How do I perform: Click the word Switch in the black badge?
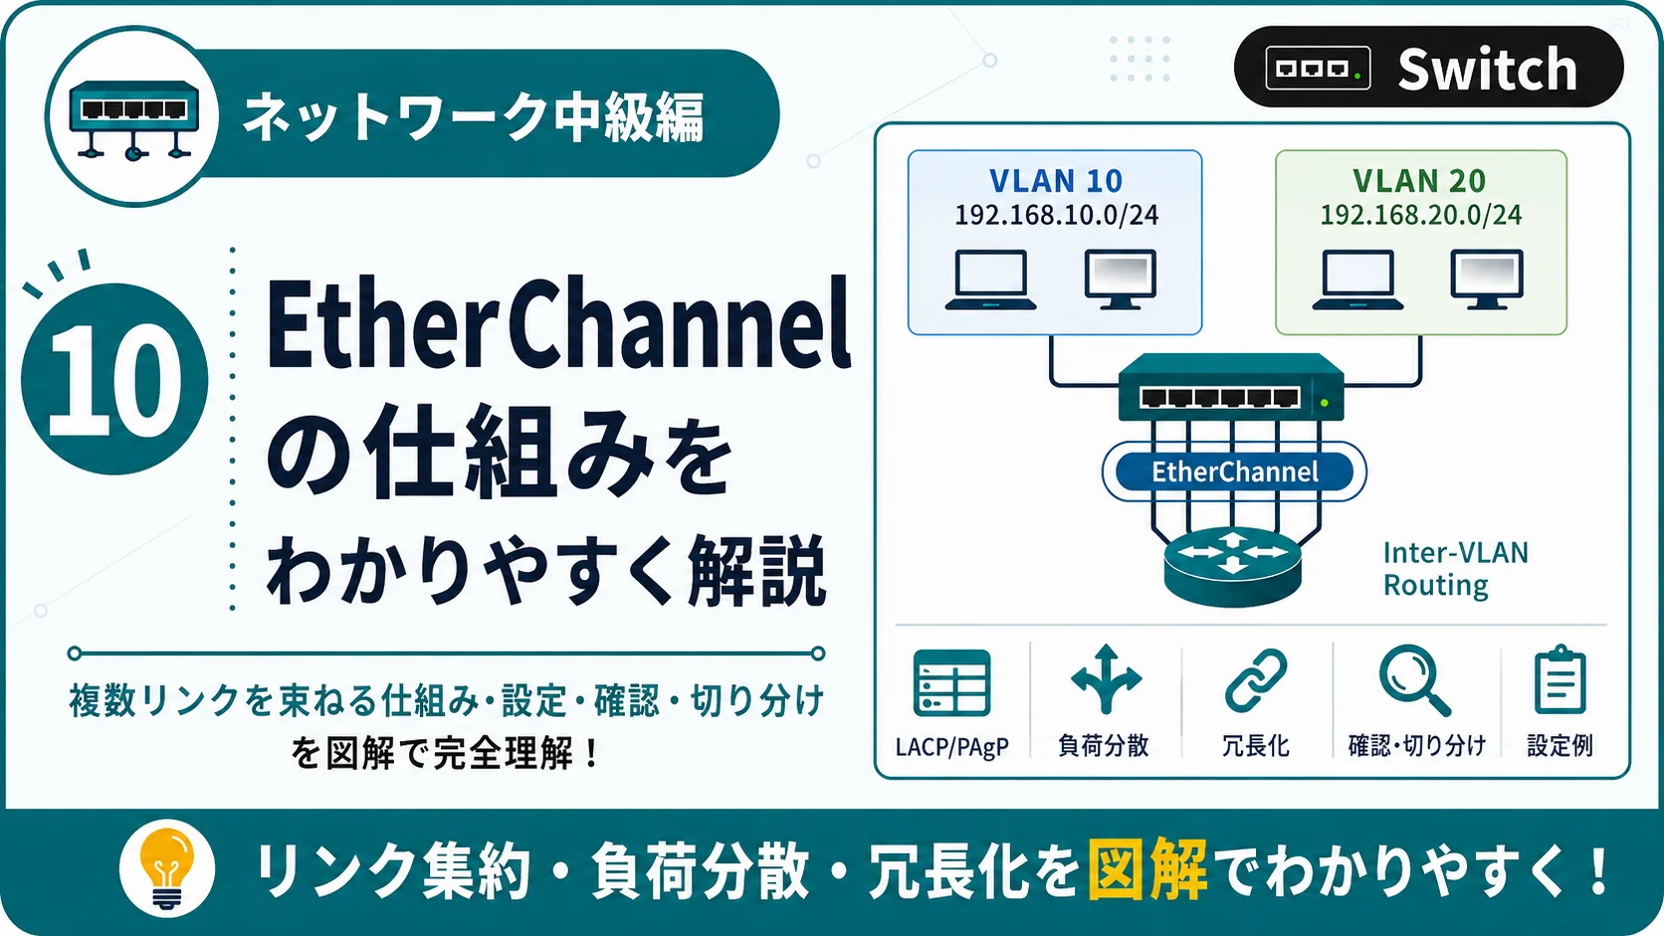1487,69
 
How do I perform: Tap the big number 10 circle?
114,379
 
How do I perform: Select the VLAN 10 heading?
1056,181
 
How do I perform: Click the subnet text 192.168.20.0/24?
1420,215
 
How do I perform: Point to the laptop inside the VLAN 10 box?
991,280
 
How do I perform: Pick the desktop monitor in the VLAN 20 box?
1487,280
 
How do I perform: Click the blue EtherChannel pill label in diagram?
1235,471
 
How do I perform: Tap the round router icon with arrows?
1232,566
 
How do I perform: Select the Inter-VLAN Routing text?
1455,569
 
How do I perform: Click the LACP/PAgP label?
951,746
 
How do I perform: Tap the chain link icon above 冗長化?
1255,680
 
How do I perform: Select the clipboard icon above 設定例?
1560,679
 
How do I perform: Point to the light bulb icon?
167,868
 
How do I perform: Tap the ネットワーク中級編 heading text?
473,116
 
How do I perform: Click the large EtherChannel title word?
558,324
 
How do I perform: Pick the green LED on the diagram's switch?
1325,403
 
